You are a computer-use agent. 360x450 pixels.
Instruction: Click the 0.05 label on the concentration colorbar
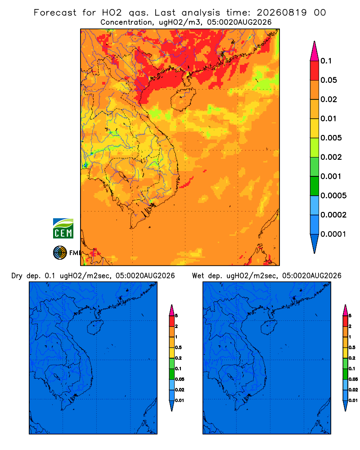(328, 80)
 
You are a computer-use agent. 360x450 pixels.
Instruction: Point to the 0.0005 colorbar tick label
(333, 196)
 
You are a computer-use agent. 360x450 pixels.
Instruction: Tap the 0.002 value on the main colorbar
(331, 157)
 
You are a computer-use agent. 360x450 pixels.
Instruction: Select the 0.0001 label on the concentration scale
(333, 234)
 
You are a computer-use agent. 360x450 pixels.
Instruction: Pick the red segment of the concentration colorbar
(315, 71)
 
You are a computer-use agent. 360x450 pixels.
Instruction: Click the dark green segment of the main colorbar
(315, 186)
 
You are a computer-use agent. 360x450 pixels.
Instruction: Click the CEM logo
(63, 229)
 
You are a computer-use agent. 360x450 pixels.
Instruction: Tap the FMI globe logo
(60, 253)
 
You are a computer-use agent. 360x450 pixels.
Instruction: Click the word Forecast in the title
(55, 13)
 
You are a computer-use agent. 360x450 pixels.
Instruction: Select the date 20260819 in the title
(282, 13)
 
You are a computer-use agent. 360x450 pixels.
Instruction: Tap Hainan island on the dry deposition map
(95, 327)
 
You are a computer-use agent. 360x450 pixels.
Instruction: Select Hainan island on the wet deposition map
(269, 327)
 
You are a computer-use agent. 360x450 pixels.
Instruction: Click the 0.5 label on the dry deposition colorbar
(178, 347)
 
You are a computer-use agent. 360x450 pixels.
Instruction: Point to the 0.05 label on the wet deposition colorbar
(353, 379)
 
